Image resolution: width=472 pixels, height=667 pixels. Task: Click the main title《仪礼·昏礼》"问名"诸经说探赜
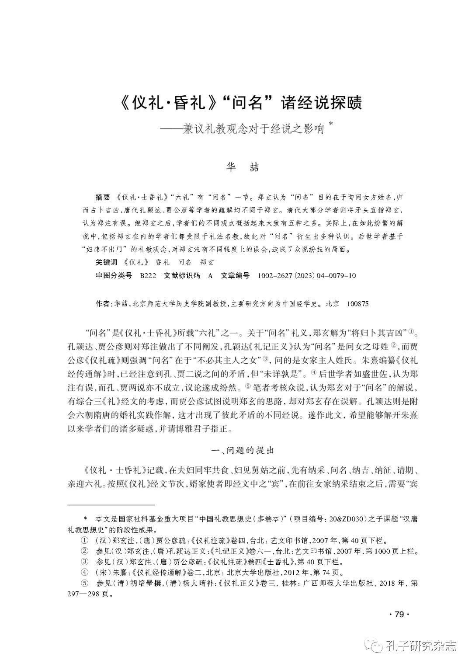pyautogui.click(x=236, y=103)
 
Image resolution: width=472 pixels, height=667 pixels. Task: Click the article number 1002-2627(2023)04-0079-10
pyautogui.click(x=307, y=276)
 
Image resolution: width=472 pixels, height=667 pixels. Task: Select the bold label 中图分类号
pyautogui.click(x=114, y=276)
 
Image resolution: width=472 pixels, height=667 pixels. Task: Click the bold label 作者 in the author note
pyautogui.click(x=103, y=304)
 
